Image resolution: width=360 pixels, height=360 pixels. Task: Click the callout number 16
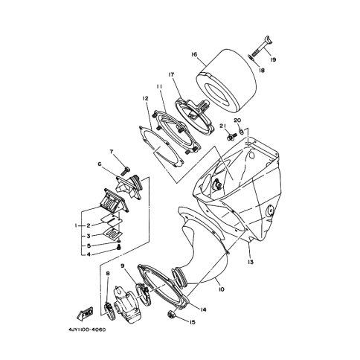(x=194, y=54)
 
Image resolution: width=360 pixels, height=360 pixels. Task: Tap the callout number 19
(x=273, y=60)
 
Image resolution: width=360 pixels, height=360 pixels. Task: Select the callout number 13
(x=251, y=262)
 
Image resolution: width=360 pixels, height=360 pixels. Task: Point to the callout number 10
(x=222, y=289)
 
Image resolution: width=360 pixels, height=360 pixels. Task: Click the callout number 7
(x=112, y=151)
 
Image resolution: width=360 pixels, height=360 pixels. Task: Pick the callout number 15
(x=193, y=322)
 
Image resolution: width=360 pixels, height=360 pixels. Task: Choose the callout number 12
(x=145, y=98)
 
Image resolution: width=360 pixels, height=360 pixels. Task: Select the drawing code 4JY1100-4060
(x=87, y=330)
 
